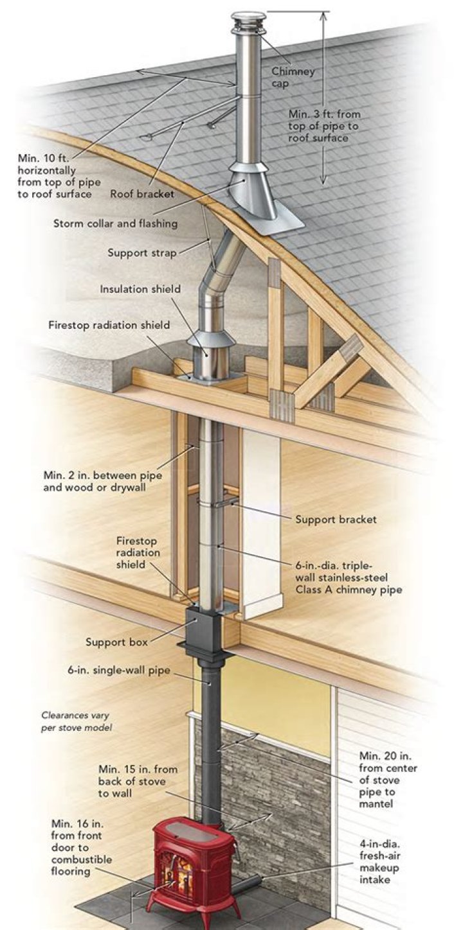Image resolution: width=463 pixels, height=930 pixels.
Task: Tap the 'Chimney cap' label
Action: pos(293,77)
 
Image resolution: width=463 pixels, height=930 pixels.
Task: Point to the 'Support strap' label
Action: pos(141,252)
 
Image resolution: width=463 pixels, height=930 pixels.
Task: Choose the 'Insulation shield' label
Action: pos(140,289)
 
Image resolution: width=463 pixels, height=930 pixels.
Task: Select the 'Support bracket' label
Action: pos(336,518)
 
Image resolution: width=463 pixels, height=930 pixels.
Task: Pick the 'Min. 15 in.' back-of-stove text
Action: pos(138,781)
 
